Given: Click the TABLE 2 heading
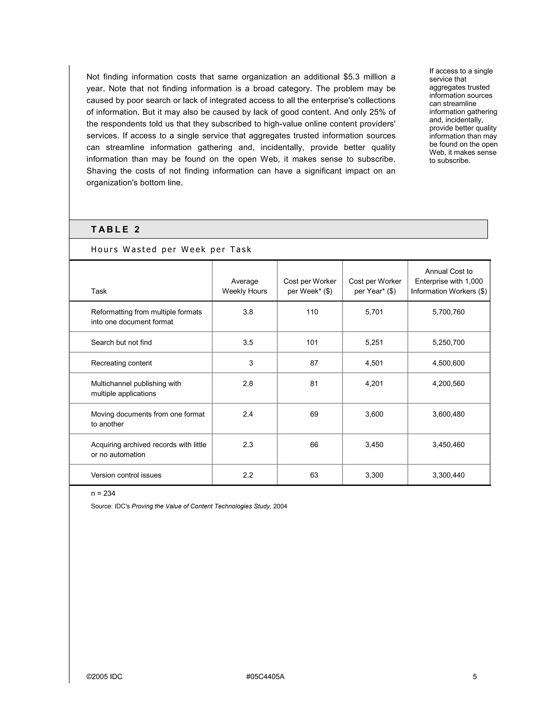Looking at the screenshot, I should click(x=115, y=229).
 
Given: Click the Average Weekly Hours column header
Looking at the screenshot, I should click(x=244, y=286).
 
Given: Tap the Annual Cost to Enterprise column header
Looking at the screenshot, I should click(x=449, y=281).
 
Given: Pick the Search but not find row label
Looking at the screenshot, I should click(x=121, y=342).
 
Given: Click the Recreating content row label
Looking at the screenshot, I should click(x=121, y=363).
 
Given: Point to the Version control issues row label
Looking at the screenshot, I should click(x=126, y=475).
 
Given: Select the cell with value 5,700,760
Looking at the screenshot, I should click(x=448, y=312).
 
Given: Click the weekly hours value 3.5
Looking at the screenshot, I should click(x=248, y=342).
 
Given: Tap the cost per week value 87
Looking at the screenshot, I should click(x=314, y=363).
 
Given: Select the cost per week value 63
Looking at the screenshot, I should click(x=314, y=475).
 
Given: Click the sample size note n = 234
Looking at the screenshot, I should click(x=103, y=493).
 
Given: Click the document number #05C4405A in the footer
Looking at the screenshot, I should click(x=265, y=677).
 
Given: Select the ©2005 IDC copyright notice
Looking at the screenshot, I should click(x=104, y=677).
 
